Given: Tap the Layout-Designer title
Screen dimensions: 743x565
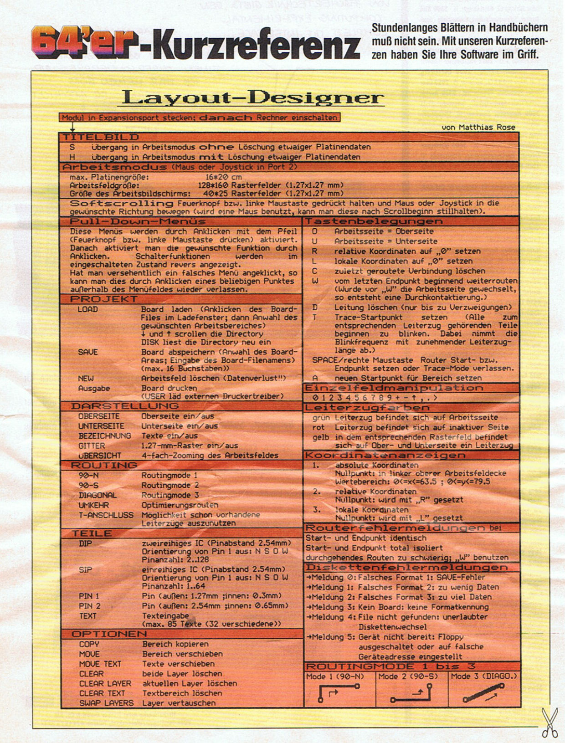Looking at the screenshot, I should click(x=253, y=97).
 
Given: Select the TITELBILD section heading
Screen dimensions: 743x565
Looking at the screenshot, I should click(x=101, y=137).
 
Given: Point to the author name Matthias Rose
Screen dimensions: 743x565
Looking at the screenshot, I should click(x=478, y=127).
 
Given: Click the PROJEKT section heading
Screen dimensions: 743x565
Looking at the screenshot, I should click(x=103, y=299).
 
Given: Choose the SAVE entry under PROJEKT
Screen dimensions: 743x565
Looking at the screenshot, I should click(x=87, y=352).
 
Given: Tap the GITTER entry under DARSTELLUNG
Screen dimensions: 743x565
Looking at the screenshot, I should click(x=92, y=446).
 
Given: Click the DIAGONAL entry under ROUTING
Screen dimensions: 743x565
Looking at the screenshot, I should click(x=98, y=495).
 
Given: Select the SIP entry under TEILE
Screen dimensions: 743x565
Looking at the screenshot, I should click(x=85, y=569).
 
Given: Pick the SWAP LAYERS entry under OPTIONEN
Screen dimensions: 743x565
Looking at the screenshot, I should click(x=106, y=703).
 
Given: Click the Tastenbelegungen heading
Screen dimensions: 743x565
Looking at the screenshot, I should click(x=374, y=221).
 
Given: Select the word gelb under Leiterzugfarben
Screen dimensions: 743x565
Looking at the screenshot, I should click(x=320, y=437).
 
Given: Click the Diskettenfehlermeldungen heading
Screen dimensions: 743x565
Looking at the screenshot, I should click(x=406, y=568).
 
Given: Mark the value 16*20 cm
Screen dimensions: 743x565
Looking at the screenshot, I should click(x=224, y=177).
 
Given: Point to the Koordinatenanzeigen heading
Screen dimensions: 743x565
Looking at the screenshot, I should click(x=385, y=456).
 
